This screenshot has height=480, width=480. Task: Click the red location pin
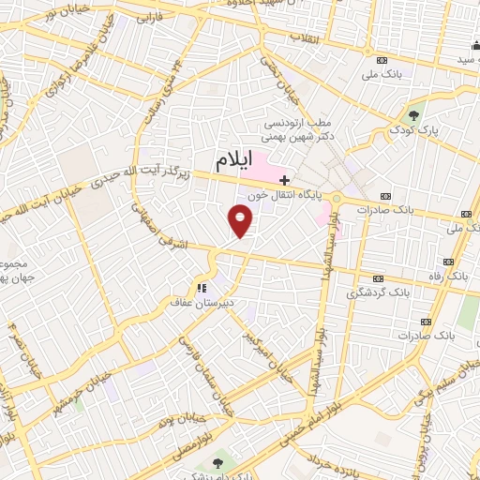pyautogui.click(x=241, y=221)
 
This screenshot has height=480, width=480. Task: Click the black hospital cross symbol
pyautogui.click(x=284, y=178)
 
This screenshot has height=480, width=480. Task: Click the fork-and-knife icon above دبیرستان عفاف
pyautogui.click(x=201, y=288)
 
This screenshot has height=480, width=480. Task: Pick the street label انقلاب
pyautogui.click(x=305, y=38)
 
